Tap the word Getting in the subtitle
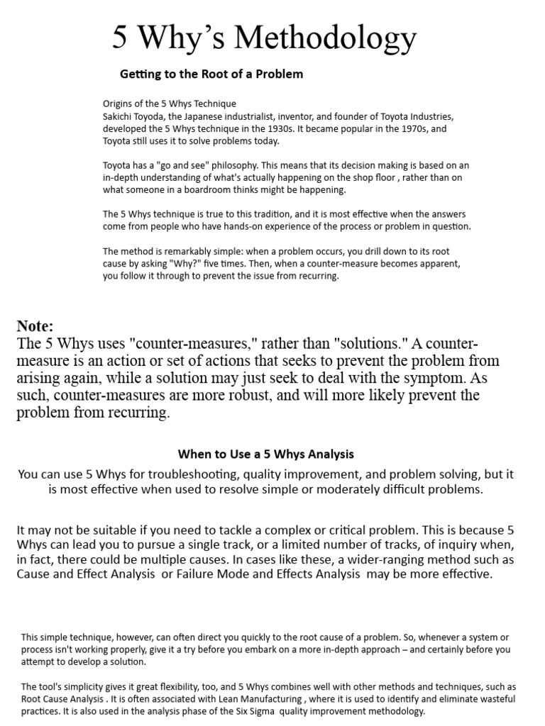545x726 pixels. (141, 74)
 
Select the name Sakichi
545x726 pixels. (121, 116)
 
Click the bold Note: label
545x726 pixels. (36, 326)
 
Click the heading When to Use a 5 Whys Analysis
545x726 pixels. (265, 454)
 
